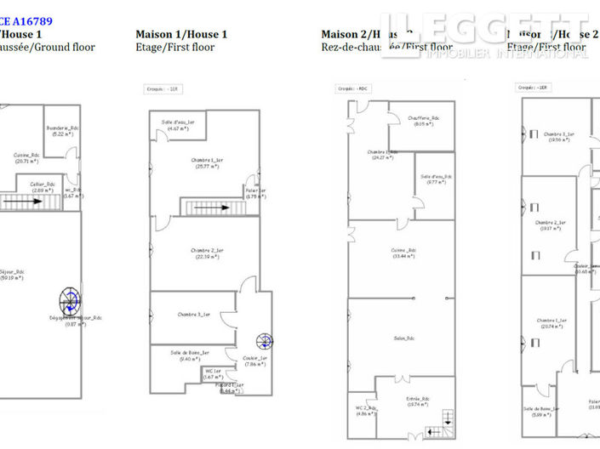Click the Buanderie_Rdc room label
pyautogui.click(x=63, y=130)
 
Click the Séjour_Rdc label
pyautogui.click(x=12, y=274)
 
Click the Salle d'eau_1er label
pyautogui.click(x=179, y=125)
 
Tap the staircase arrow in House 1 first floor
pyautogui.click(x=211, y=207)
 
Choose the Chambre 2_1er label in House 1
pyautogui.click(x=207, y=253)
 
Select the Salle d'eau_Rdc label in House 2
pyautogui.click(x=436, y=179)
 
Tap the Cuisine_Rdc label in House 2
pyautogui.click(x=403, y=253)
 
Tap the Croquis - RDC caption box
pyautogui.click(x=351, y=87)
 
